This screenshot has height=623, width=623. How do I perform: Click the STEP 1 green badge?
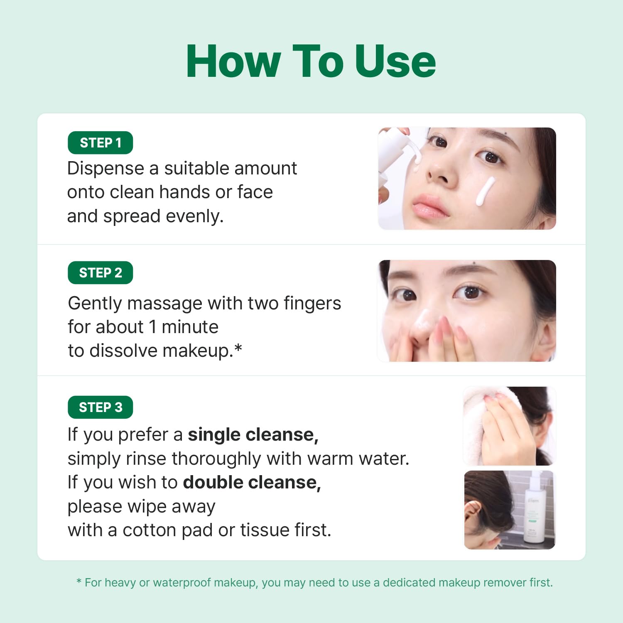pyautogui.click(x=100, y=143)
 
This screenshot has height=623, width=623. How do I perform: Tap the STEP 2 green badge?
pyautogui.click(x=100, y=273)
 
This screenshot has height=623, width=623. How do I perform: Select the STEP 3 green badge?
pyautogui.click(x=100, y=407)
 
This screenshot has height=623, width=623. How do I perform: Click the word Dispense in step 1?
pyautogui.click(x=105, y=169)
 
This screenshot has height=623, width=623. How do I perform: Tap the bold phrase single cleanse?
pyautogui.click(x=253, y=435)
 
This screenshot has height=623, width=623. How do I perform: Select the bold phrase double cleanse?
pyautogui.click(x=252, y=483)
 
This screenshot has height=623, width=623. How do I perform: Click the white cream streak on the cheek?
pyautogui.click(x=485, y=191)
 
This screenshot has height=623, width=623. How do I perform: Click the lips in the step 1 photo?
pyautogui.click(x=430, y=205)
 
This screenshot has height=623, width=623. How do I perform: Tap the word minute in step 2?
pyautogui.click(x=190, y=327)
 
